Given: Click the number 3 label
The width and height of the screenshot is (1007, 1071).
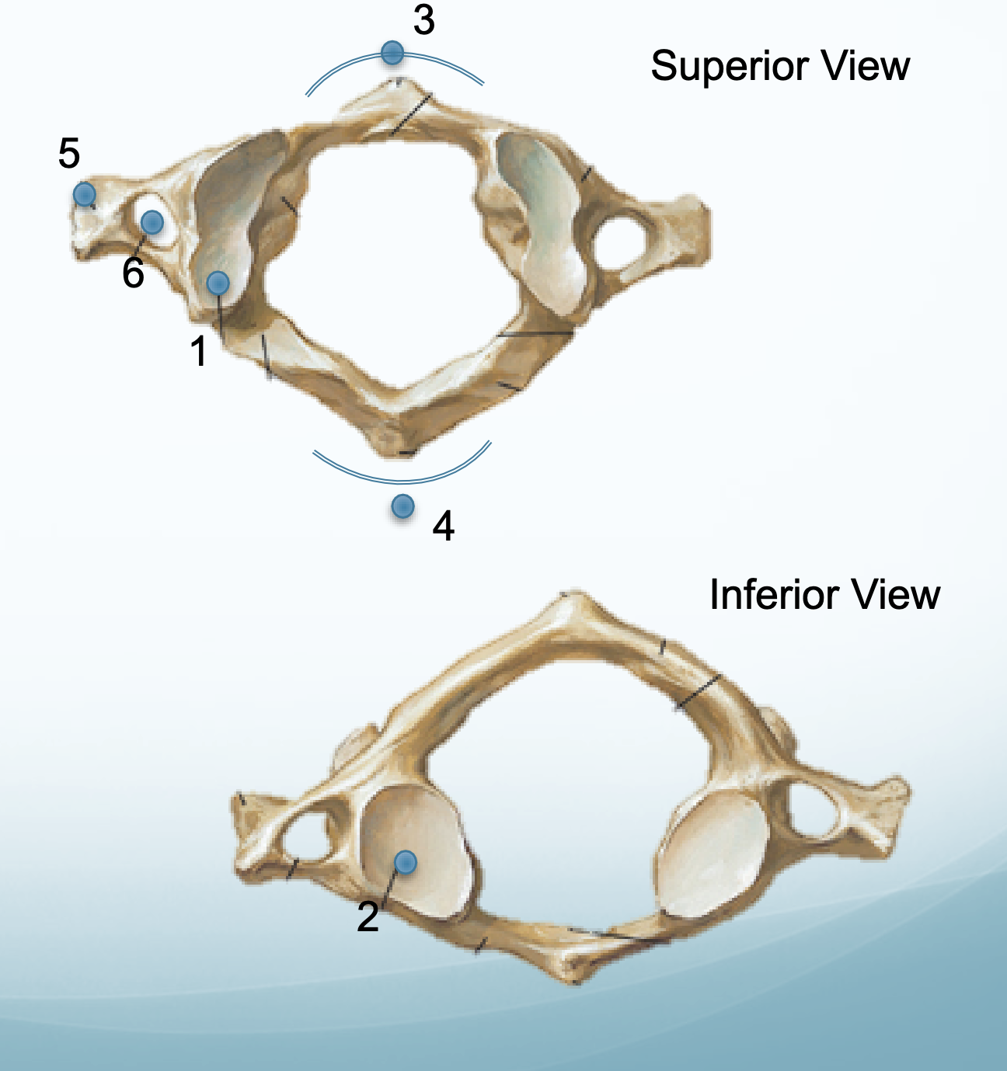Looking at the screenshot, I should [x=423, y=20].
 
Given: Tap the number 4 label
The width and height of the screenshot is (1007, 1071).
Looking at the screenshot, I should [x=443, y=527].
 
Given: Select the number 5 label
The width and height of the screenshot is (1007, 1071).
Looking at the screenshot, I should [x=69, y=154].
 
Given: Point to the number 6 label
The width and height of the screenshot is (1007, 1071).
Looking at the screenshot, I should [x=133, y=273].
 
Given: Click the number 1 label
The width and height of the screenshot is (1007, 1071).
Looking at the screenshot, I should [x=200, y=351].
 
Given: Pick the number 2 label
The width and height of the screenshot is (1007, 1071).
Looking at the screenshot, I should [x=368, y=916].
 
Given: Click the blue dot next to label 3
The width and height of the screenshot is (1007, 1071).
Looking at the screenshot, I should [x=392, y=53].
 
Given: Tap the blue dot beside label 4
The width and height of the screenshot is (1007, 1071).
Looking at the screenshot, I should [x=402, y=506].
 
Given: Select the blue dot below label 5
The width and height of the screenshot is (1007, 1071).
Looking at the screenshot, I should [x=84, y=193].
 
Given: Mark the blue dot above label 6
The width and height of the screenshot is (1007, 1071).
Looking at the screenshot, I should [x=152, y=222].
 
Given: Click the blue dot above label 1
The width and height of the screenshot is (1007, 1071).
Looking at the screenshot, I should [x=218, y=283].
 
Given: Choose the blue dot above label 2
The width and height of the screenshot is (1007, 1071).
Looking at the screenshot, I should [x=405, y=861].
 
